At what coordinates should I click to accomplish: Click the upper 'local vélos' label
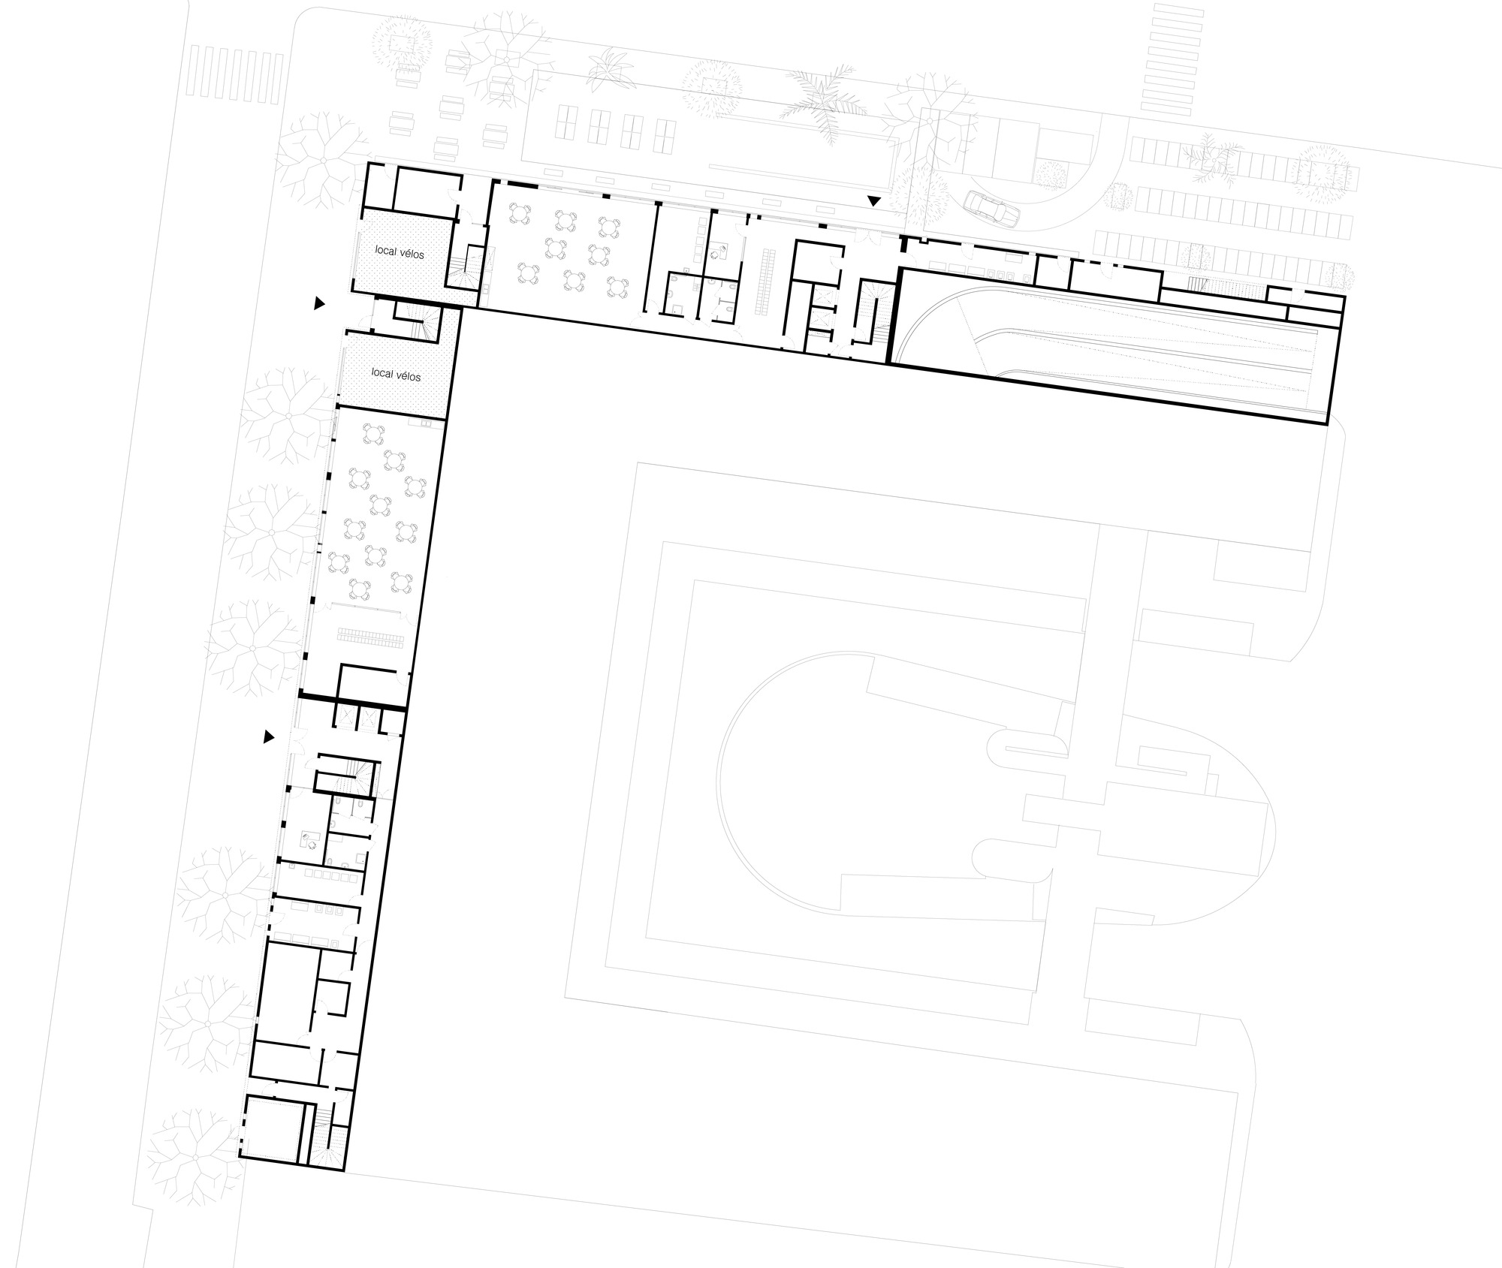400,254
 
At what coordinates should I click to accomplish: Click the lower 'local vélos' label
396,374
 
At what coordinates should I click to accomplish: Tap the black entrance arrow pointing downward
873,201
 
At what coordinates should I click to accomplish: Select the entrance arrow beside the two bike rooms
319,303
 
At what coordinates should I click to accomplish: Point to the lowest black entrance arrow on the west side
268,737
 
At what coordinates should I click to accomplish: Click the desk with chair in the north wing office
719,251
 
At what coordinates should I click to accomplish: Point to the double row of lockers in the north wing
765,282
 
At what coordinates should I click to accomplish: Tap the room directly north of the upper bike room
426,191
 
